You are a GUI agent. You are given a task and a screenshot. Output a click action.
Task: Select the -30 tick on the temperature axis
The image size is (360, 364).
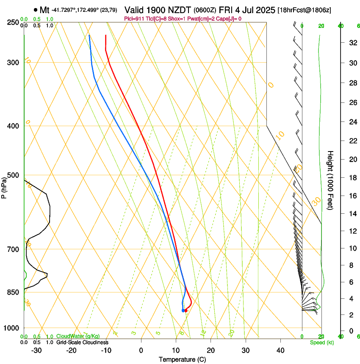coord(36,350)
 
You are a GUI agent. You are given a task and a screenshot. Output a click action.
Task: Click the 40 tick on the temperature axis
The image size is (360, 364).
coord(280,350)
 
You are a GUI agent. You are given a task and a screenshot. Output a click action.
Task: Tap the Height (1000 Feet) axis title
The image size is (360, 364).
coord(330,180)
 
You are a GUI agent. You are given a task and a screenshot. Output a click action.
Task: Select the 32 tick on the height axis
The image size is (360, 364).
coord(352,43)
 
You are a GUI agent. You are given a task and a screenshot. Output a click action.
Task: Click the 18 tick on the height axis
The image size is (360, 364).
coord(352,178)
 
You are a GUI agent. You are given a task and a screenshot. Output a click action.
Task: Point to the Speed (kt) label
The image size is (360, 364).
coord(321,342)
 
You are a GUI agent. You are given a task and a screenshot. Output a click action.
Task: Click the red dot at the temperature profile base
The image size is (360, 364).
coord(186,311)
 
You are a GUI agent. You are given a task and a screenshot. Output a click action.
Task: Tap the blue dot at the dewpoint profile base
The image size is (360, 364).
coord(183,311)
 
